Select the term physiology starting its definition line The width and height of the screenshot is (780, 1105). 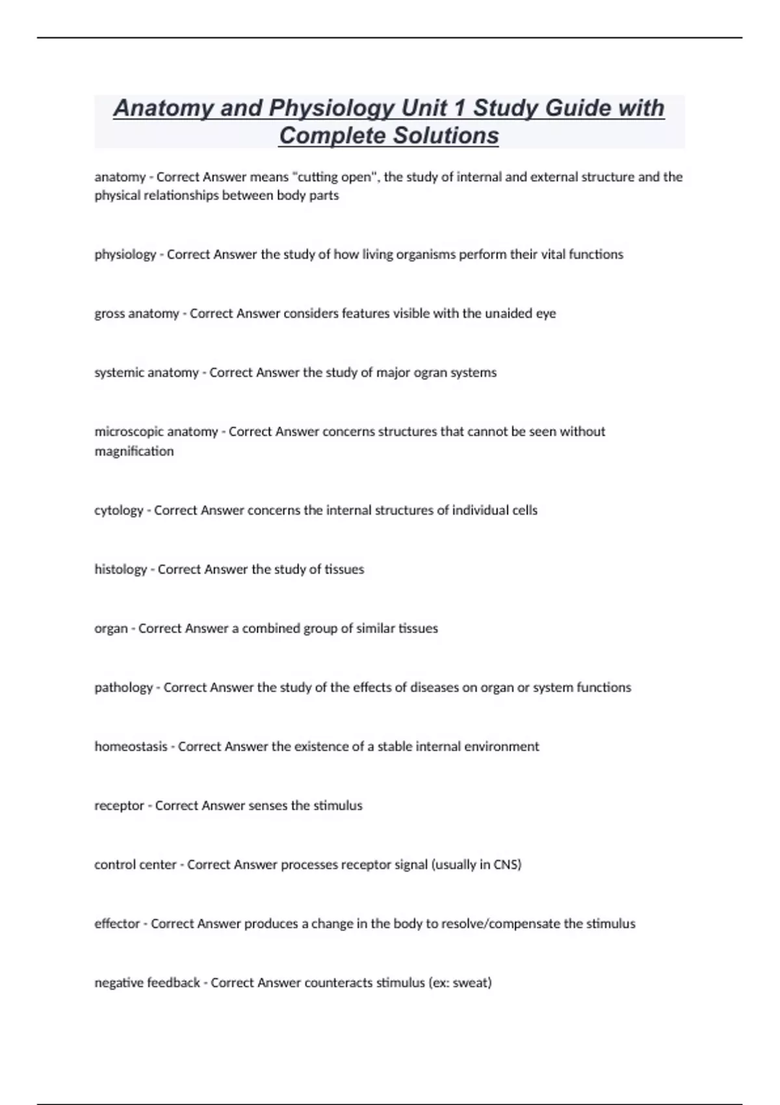click(x=125, y=255)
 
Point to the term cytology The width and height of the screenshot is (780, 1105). click(x=118, y=510)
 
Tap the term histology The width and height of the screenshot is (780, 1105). click(x=120, y=569)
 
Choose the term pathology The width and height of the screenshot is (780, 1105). click(x=123, y=688)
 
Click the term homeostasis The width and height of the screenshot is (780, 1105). click(x=131, y=747)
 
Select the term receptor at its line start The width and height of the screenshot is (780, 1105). click(x=119, y=806)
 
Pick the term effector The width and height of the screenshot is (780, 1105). click(x=117, y=924)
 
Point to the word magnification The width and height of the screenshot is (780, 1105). click(x=134, y=451)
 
